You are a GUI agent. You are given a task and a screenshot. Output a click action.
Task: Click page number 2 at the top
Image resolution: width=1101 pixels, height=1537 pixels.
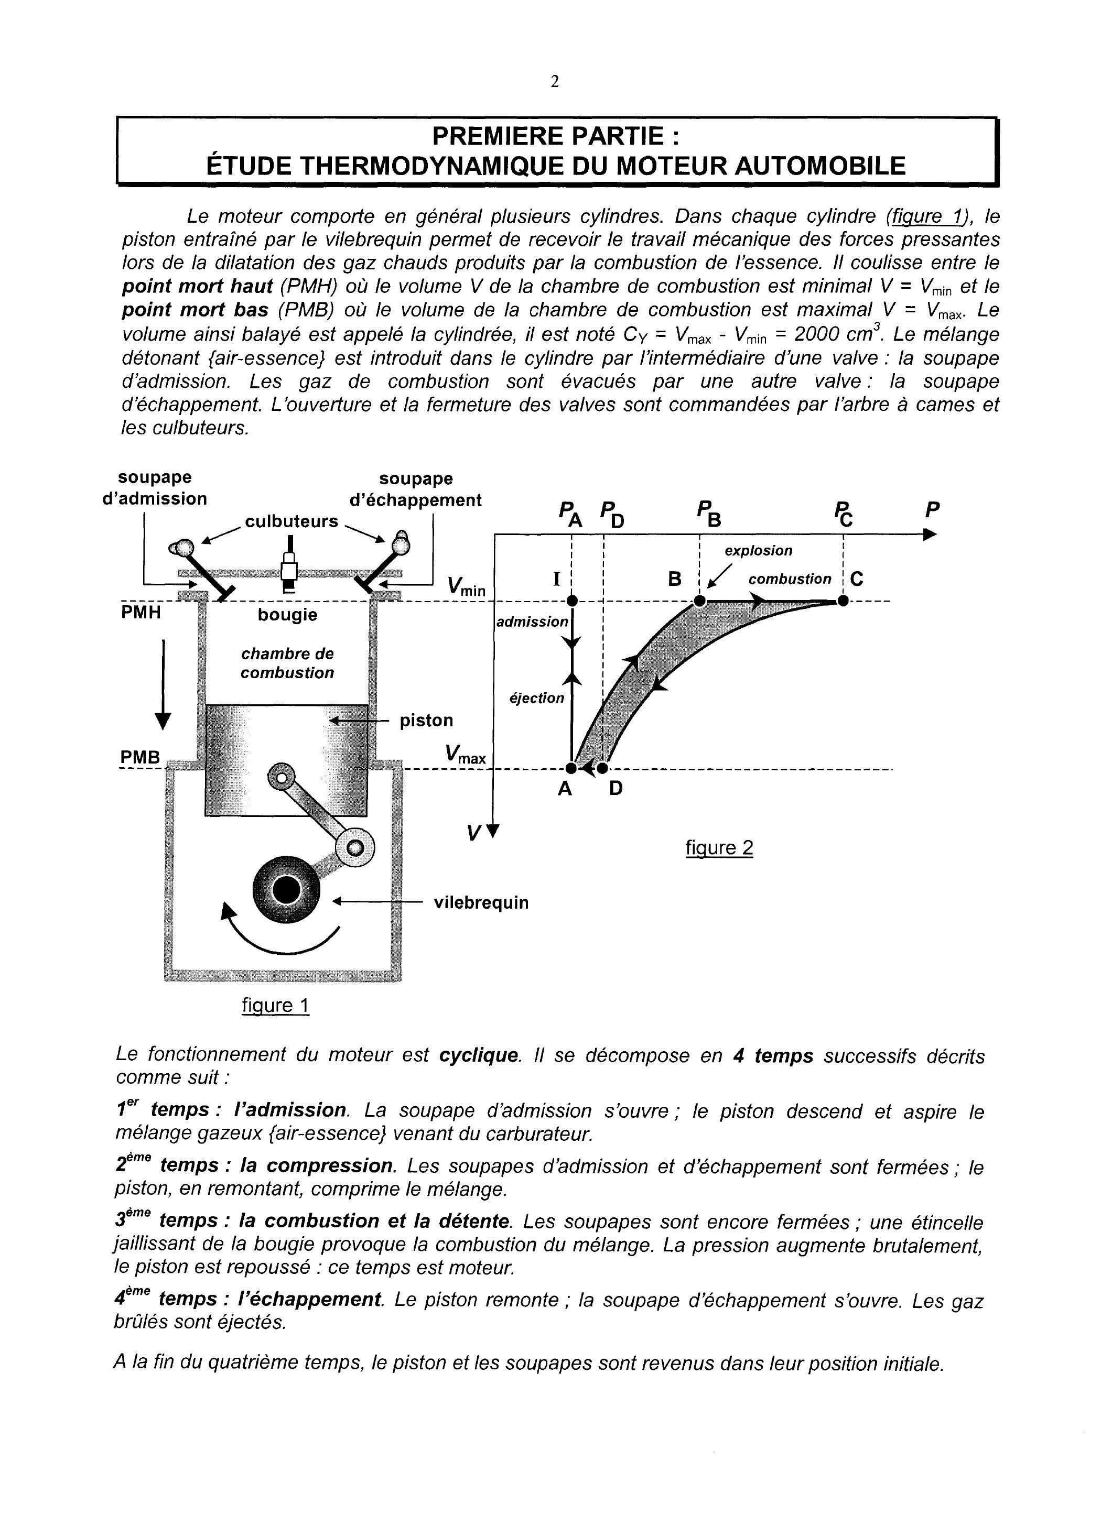pos(555,82)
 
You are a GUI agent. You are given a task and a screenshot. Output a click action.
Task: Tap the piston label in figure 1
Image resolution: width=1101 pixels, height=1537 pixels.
pos(426,721)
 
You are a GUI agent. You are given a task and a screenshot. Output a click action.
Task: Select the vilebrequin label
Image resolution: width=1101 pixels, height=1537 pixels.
pos(481,903)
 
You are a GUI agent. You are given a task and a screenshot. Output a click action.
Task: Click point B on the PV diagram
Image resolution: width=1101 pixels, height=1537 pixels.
pos(699,601)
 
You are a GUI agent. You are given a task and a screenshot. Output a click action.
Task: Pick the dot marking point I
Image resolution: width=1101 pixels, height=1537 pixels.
pos(572,601)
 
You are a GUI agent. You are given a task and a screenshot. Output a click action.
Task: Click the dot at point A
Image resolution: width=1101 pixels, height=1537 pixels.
pos(571,768)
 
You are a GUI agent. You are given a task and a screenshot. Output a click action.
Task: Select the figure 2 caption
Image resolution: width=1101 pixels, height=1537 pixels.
pos(719,848)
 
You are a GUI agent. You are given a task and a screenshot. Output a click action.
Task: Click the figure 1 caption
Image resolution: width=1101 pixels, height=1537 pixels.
pos(275,1005)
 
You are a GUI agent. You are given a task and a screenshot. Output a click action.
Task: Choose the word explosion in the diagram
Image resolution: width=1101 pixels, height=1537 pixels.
pos(758,551)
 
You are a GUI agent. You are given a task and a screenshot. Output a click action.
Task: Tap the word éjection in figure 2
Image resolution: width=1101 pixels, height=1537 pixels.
pos(536,698)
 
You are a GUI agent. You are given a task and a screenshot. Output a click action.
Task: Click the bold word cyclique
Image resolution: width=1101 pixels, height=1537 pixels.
pos(479,1056)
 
